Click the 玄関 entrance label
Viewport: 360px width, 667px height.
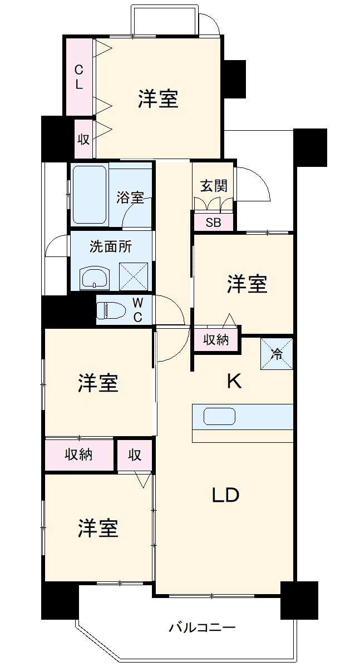[214, 186]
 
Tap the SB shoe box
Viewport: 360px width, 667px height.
[214, 223]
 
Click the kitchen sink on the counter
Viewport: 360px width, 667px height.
[220, 417]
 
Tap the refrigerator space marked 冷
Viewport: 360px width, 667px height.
[277, 354]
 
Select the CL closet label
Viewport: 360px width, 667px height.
[79, 77]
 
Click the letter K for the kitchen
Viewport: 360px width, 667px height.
[234, 381]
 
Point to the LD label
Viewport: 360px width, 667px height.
[226, 495]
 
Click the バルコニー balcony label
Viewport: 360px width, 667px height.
[202, 628]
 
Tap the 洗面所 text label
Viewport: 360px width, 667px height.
[110, 247]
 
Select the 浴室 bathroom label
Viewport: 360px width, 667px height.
[130, 197]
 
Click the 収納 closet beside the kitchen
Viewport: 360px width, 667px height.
[216, 339]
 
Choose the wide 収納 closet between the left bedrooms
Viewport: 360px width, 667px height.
[79, 454]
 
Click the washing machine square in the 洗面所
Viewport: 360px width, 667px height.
[134, 276]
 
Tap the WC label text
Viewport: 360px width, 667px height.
[138, 310]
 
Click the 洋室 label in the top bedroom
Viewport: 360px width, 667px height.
[158, 98]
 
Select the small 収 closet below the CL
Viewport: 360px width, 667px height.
[84, 139]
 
